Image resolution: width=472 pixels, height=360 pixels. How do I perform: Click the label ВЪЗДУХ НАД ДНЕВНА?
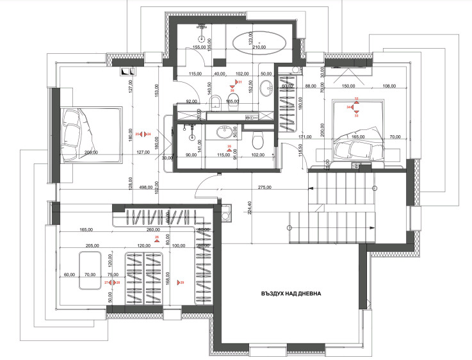tap(291, 294)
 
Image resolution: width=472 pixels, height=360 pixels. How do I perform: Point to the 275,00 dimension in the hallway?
tap(264, 188)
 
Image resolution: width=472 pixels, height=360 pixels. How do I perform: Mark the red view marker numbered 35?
tap(229, 147)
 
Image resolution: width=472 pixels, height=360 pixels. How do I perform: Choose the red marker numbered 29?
tap(181, 282)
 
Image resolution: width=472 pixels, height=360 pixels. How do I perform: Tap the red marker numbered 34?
tap(350, 108)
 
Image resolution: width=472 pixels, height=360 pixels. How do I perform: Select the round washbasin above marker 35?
tap(225, 133)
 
